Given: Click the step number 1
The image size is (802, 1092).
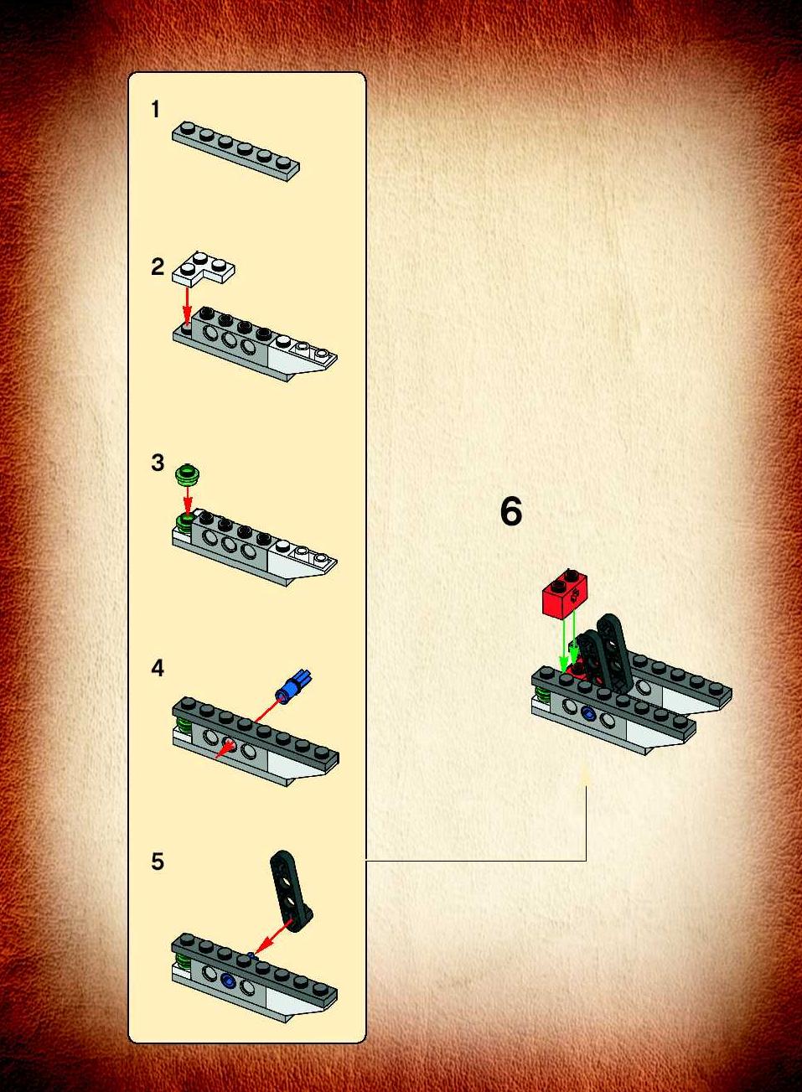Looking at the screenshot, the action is click(x=156, y=109).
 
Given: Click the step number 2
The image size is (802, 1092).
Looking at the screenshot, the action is click(x=157, y=267).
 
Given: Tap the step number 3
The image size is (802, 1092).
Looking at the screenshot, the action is click(x=157, y=463).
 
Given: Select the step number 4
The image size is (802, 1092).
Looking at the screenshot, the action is click(x=157, y=668).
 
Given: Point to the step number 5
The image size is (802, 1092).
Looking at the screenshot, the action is click(x=157, y=862).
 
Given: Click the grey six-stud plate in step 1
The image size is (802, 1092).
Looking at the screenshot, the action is click(x=236, y=151).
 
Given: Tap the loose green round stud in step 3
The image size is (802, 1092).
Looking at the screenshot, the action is click(x=187, y=474).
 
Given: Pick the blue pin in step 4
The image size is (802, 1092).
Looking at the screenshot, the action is click(x=294, y=684).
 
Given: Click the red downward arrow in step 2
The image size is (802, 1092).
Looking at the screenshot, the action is click(x=187, y=306).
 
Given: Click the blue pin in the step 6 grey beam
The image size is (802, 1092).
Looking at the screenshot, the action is click(x=589, y=715).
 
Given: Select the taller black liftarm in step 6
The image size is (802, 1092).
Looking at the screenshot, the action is click(x=613, y=652).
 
